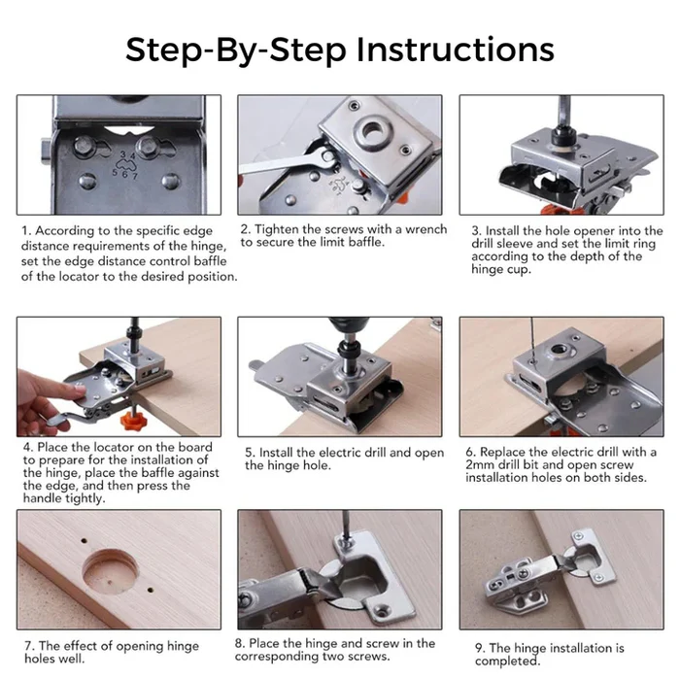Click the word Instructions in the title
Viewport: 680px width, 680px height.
456,50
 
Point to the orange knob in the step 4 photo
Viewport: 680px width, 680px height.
132,421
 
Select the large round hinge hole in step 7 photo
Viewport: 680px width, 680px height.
111,571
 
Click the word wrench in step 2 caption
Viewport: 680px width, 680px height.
425,229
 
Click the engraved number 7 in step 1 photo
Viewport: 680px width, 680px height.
135,176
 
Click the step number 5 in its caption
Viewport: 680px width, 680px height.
249,453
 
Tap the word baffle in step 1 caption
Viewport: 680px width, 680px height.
210,261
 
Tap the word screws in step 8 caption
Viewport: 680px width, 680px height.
370,656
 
